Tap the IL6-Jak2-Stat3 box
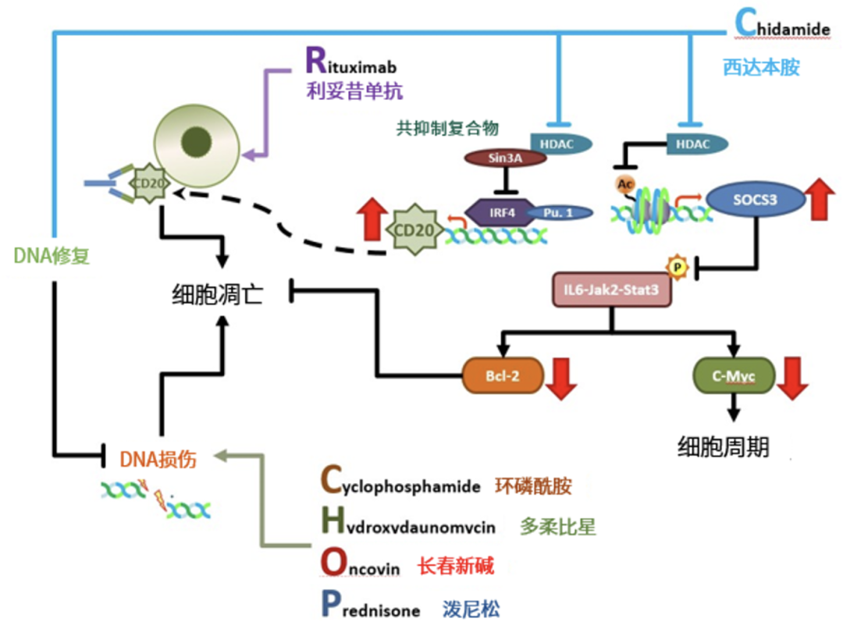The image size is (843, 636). (611, 290)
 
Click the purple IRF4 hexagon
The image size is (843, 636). (493, 211)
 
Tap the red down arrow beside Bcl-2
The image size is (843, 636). (561, 377)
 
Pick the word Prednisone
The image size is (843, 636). (370, 609)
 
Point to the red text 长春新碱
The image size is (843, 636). (456, 567)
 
